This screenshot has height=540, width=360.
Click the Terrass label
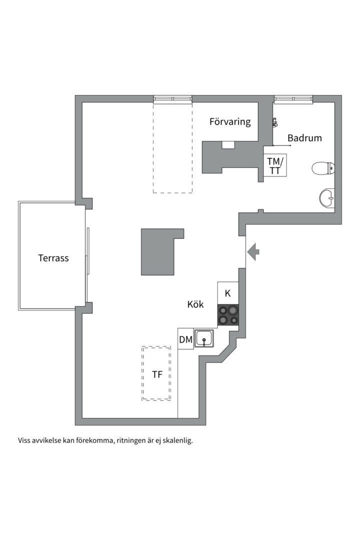click(x=53, y=258)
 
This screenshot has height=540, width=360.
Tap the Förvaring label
click(x=230, y=122)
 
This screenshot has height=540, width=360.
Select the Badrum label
click(x=304, y=138)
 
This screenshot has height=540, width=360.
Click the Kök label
click(x=195, y=304)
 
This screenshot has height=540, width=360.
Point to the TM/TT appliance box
click(x=275, y=166)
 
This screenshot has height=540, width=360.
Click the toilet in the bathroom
click(x=323, y=168)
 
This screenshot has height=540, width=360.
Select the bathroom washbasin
click(x=327, y=198)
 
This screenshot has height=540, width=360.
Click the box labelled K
click(x=228, y=293)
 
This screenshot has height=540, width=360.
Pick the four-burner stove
click(x=228, y=315)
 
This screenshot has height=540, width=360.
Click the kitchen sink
click(x=204, y=338)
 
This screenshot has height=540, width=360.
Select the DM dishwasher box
click(x=185, y=340)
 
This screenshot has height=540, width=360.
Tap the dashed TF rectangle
click(x=156, y=373)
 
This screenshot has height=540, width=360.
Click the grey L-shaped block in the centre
click(x=159, y=252)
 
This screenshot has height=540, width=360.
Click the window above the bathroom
click(x=293, y=99)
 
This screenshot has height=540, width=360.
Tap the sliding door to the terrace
click(x=88, y=251)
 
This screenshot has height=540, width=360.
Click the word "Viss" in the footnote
click(x=24, y=440)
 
